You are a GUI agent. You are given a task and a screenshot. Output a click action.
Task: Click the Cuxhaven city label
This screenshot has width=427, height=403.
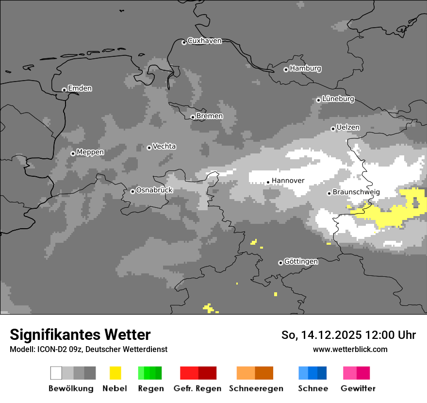[204, 41]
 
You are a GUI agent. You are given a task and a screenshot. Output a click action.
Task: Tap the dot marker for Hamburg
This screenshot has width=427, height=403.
[286, 69]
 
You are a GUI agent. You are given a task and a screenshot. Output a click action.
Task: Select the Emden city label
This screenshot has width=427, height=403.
[80, 88]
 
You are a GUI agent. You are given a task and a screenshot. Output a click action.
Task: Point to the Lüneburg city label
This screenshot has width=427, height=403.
[338, 99]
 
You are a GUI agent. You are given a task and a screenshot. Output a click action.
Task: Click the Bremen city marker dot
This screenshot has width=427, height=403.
[193, 117]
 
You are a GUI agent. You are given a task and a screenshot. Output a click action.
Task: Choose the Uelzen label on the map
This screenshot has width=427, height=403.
[348, 127]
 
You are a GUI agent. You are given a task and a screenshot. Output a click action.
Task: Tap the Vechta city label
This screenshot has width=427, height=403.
[164, 146]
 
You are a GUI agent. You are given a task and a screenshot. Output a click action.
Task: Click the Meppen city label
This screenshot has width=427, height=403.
[90, 152]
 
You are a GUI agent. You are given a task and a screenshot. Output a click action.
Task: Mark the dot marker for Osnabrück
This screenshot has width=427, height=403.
[132, 191]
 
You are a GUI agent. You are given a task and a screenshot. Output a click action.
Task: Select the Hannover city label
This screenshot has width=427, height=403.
[288, 181]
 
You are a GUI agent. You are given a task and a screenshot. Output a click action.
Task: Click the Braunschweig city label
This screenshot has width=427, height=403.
[356, 192]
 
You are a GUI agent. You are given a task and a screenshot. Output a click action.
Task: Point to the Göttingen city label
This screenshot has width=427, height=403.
[301, 261]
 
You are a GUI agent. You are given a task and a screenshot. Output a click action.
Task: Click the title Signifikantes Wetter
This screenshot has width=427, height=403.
[80, 335]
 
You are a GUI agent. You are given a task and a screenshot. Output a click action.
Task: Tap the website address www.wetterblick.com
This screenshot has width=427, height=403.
[350, 349]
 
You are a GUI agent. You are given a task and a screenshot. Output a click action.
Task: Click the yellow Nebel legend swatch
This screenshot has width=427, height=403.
[115, 373]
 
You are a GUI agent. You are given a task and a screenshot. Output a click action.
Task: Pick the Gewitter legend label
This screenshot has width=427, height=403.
[358, 388]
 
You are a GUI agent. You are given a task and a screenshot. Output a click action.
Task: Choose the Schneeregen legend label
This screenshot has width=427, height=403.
[256, 388]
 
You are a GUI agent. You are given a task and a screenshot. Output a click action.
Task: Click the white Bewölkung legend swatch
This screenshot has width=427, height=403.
[56, 373]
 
